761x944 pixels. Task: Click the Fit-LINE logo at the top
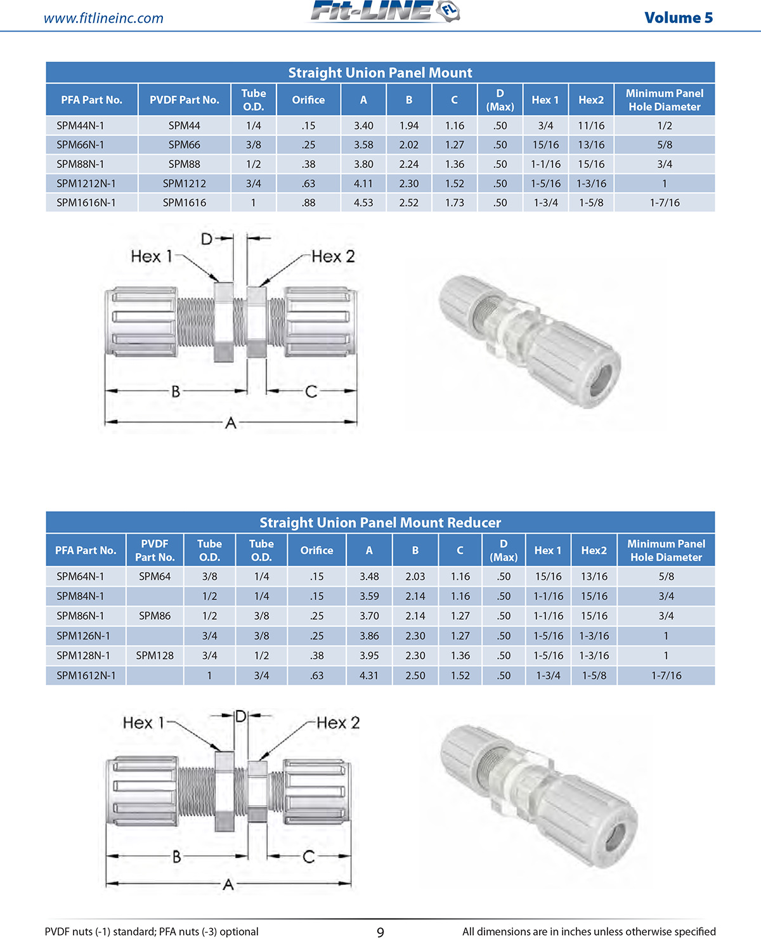click(384, 12)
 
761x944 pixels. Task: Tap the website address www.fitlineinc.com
click(103, 18)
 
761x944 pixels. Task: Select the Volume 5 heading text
click(678, 18)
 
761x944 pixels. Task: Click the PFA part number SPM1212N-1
click(86, 184)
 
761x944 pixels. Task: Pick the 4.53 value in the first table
click(363, 203)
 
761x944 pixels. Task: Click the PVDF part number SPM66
click(184, 145)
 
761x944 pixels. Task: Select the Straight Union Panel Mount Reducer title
click(380, 523)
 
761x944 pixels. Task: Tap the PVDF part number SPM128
click(155, 655)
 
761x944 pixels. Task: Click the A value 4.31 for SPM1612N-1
click(369, 676)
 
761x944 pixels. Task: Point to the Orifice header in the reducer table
click(316, 551)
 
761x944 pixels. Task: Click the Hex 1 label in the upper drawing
click(151, 256)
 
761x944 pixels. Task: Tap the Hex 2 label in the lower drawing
click(337, 723)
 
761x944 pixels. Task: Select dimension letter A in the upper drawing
click(231, 423)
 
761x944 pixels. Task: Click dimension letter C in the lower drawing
click(309, 857)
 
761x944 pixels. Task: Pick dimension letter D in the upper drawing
click(207, 239)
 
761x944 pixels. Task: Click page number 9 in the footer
click(380, 932)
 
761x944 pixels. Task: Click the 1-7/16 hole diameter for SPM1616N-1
click(664, 203)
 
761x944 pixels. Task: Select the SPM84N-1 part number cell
click(81, 596)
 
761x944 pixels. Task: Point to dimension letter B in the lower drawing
click(176, 857)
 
